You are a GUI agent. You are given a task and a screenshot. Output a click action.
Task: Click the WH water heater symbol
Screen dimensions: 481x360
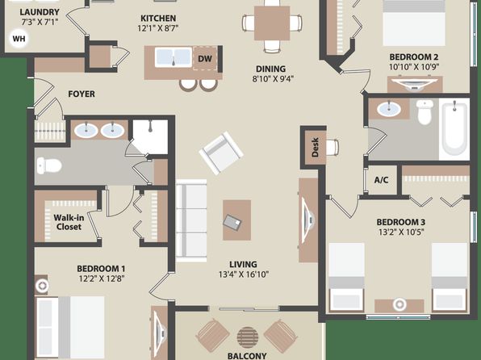[19, 39]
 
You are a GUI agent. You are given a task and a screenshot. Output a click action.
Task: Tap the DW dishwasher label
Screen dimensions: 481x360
[205, 59]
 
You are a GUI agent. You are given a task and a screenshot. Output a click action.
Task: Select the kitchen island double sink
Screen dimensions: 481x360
[174, 57]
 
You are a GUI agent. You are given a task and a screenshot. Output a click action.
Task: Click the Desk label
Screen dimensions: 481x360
[315, 148]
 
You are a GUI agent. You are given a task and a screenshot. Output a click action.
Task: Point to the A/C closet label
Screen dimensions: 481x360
[381, 180]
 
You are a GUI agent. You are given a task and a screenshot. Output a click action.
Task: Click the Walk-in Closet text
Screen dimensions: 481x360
[69, 222]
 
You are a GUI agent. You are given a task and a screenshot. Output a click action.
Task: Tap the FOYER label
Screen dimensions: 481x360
[82, 94]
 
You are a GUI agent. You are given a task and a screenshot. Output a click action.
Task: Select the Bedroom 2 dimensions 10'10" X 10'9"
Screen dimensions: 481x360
[414, 67]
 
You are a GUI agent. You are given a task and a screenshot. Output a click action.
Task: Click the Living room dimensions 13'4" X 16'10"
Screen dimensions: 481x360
[244, 274]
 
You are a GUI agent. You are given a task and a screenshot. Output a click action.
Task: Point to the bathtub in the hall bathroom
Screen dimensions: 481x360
[455, 129]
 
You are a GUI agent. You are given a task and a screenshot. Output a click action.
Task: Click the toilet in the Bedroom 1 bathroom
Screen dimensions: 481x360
[49, 165]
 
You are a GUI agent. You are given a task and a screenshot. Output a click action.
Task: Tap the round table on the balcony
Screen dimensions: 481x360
[248, 337]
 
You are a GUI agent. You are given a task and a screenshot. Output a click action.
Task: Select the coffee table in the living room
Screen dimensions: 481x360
[236, 220]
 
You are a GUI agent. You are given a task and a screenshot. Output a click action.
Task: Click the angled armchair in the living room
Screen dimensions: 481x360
[221, 153]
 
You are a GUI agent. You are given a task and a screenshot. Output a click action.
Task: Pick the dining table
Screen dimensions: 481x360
[272, 23]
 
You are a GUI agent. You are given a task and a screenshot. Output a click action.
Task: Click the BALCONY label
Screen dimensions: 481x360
[247, 356]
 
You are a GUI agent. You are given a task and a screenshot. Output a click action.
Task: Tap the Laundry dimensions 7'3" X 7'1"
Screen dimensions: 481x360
[40, 22]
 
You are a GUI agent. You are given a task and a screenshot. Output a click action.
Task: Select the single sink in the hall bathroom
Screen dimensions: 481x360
[389, 109]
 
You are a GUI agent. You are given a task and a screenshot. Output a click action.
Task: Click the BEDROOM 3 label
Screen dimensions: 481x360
[400, 222]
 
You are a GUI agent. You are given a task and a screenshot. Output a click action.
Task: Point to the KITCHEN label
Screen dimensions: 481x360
[158, 18]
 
